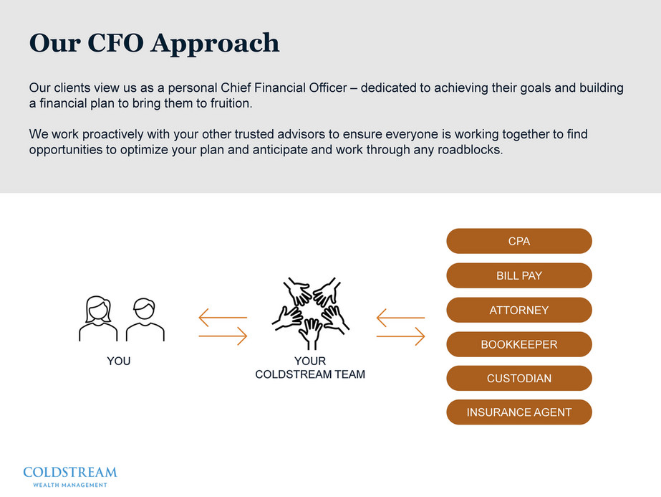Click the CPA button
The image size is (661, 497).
[518, 242]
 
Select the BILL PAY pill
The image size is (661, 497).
[518, 276]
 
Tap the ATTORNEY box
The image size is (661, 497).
[518, 311]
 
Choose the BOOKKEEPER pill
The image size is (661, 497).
[518, 345]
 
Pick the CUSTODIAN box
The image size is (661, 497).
[518, 379]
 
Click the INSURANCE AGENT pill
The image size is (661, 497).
[518, 412]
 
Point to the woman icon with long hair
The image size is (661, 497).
[98, 320]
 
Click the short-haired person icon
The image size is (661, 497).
[145, 320]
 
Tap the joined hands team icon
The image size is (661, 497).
[310, 313]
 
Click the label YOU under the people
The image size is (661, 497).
[119, 361]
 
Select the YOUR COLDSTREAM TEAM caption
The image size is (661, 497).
[310, 368]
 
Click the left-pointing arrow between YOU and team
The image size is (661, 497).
[222, 317]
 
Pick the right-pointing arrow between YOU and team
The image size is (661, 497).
[222, 336]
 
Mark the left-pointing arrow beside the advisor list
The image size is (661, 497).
[400, 317]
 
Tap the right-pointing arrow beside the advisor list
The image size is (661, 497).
[400, 336]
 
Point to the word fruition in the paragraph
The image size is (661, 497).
[229, 104]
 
